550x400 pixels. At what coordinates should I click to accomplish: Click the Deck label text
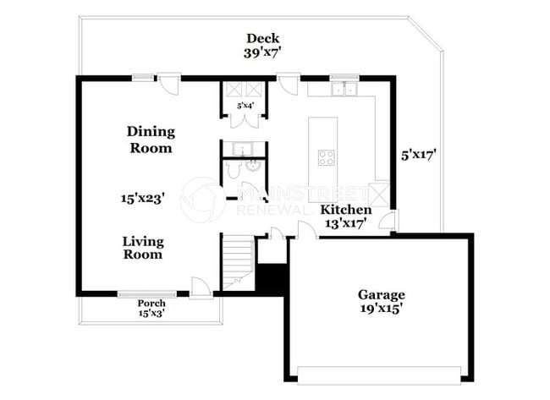click(x=262, y=38)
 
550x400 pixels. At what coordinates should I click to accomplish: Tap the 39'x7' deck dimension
click(x=262, y=52)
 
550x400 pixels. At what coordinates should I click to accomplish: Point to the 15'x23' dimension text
click(x=142, y=198)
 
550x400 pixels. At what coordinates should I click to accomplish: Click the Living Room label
click(x=143, y=248)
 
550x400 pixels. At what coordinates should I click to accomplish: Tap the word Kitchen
click(x=345, y=209)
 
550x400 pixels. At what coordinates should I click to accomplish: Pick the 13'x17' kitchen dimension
click(x=345, y=223)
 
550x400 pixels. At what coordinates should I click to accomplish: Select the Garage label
click(x=380, y=294)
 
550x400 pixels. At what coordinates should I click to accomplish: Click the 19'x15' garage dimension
click(x=380, y=309)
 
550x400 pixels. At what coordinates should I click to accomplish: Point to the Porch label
click(x=151, y=304)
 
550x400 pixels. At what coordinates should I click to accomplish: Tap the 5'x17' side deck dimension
click(x=419, y=155)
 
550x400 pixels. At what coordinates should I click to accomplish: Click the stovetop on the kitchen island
click(x=327, y=156)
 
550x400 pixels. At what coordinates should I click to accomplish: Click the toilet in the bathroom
click(x=234, y=173)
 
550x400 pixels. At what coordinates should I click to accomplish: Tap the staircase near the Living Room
click(x=238, y=260)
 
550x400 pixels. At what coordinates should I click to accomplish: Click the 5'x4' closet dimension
click(x=245, y=106)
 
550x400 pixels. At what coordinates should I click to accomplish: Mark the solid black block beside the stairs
click(x=271, y=280)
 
